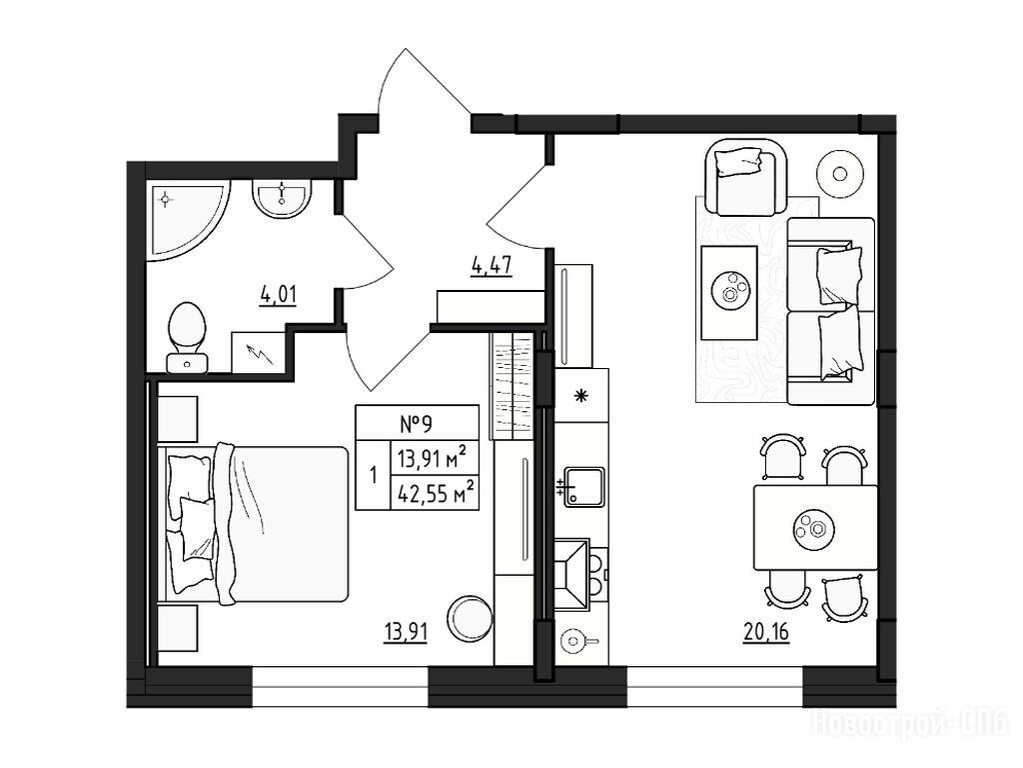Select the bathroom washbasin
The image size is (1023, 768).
[282, 199]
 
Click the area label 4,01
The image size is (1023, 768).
[279, 295]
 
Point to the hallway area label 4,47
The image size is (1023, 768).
[492, 266]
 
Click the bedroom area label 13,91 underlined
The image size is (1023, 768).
[406, 632]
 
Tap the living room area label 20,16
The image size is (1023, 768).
[766, 632]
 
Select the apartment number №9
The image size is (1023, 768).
[417, 425]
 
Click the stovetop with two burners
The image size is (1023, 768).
[581, 575]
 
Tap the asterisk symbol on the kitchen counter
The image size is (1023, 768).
[580, 395]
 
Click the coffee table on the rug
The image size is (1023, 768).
[728, 293]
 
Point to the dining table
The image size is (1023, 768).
[815, 527]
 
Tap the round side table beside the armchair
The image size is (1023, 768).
[840, 174]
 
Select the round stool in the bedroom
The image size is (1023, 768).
[470, 618]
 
